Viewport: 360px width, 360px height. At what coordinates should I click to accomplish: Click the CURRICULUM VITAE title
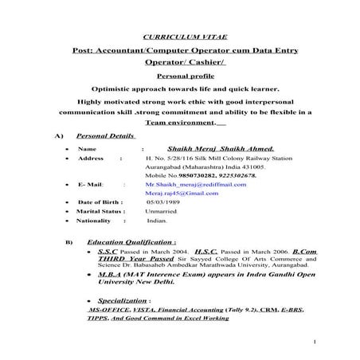[x=179, y=37]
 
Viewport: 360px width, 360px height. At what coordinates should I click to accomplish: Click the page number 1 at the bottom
[x=315, y=342]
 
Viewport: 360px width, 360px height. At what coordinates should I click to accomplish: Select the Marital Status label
[x=101, y=212]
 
